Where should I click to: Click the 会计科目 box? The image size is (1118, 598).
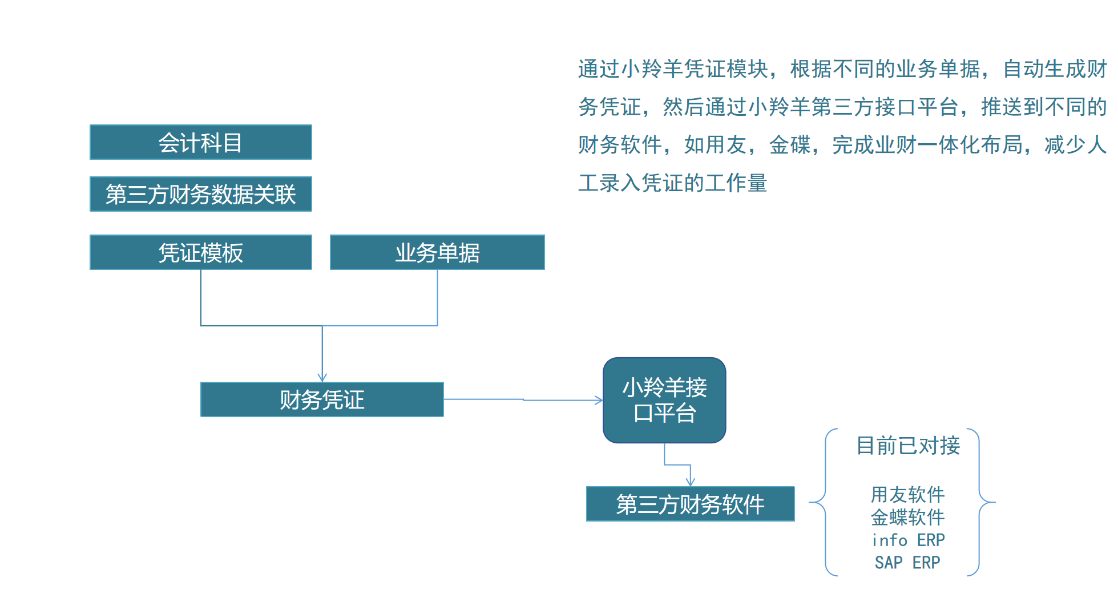coord(200,142)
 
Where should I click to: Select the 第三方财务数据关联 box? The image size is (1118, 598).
coord(200,194)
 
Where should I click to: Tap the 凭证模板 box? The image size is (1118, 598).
coord(200,252)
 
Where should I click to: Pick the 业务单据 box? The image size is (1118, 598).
coord(437,252)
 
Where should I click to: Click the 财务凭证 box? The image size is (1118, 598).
coord(322,399)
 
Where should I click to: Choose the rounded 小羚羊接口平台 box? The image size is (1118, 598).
coord(664,400)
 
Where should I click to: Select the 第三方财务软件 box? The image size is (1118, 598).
coord(690,504)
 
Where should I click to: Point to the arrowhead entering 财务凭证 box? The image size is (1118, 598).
coord(322,377)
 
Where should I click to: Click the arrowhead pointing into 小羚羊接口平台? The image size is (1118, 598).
coord(599,400)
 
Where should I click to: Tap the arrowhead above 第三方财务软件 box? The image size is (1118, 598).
coord(691,482)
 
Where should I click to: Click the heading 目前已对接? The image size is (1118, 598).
coord(908,446)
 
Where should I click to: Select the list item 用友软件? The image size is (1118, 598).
coord(907,494)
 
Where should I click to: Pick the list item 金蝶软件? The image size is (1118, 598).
coord(907,517)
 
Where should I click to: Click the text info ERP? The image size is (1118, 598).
coord(907,540)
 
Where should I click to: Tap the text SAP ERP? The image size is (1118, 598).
coord(907,563)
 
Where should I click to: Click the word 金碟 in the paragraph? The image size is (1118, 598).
coord(790,145)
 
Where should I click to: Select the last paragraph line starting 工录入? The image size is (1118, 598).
coord(672,183)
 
